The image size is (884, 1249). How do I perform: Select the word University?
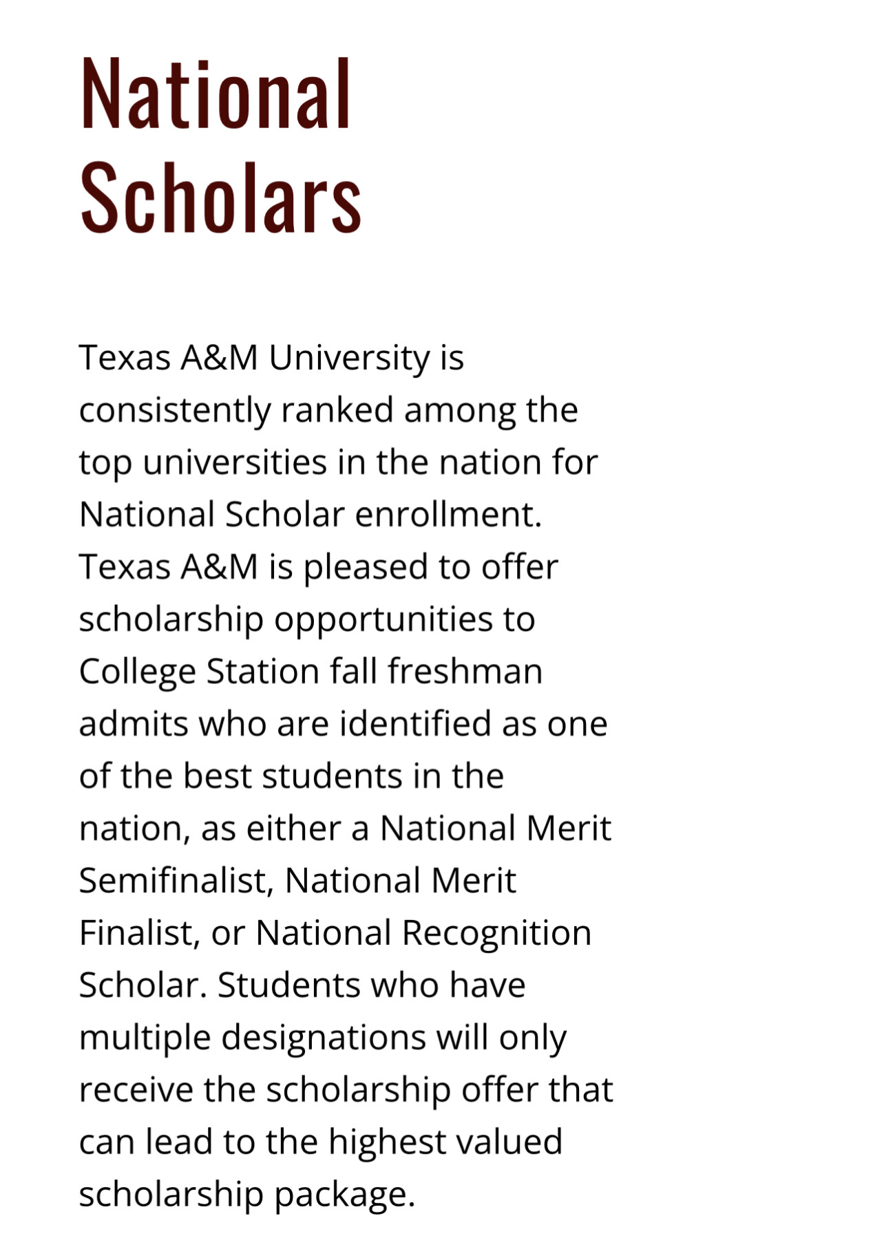pos(349,358)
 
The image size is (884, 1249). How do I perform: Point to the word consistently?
pos(175,411)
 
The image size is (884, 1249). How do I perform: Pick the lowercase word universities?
pos(235,462)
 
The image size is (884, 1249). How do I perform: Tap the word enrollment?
pos(448,514)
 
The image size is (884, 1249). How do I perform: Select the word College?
pos(138,672)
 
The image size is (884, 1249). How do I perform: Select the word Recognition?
pos(496,934)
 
